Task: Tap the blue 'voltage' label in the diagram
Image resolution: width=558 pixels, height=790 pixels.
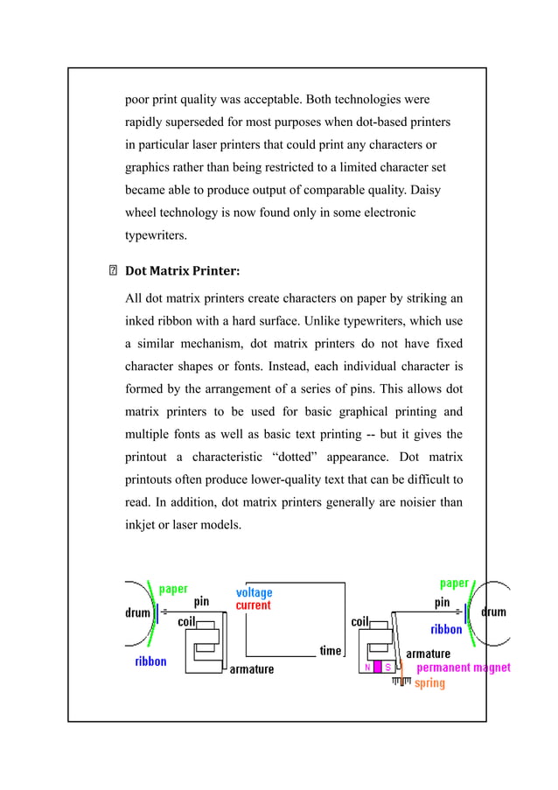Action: coord(254,592)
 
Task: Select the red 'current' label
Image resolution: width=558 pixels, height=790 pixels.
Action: coord(254,605)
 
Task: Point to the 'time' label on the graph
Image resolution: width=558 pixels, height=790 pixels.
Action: coord(330,651)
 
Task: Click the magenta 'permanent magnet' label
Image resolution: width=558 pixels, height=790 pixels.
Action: coord(463,668)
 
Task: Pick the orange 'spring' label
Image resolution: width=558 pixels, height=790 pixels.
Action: coord(429,683)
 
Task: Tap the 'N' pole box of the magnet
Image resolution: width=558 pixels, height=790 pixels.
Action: coord(368,668)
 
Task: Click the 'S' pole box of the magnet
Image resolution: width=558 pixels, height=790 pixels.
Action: coord(387,668)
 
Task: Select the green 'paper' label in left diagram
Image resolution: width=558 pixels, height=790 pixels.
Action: coord(172,589)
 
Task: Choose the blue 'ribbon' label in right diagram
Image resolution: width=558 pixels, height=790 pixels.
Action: coord(446,629)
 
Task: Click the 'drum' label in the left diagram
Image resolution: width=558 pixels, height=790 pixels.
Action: coord(137,612)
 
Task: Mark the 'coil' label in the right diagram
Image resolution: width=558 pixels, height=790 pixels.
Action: coord(360,621)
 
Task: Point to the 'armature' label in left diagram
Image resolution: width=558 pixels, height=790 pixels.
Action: coord(251,669)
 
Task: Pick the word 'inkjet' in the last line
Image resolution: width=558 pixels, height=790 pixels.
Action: coord(142,525)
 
